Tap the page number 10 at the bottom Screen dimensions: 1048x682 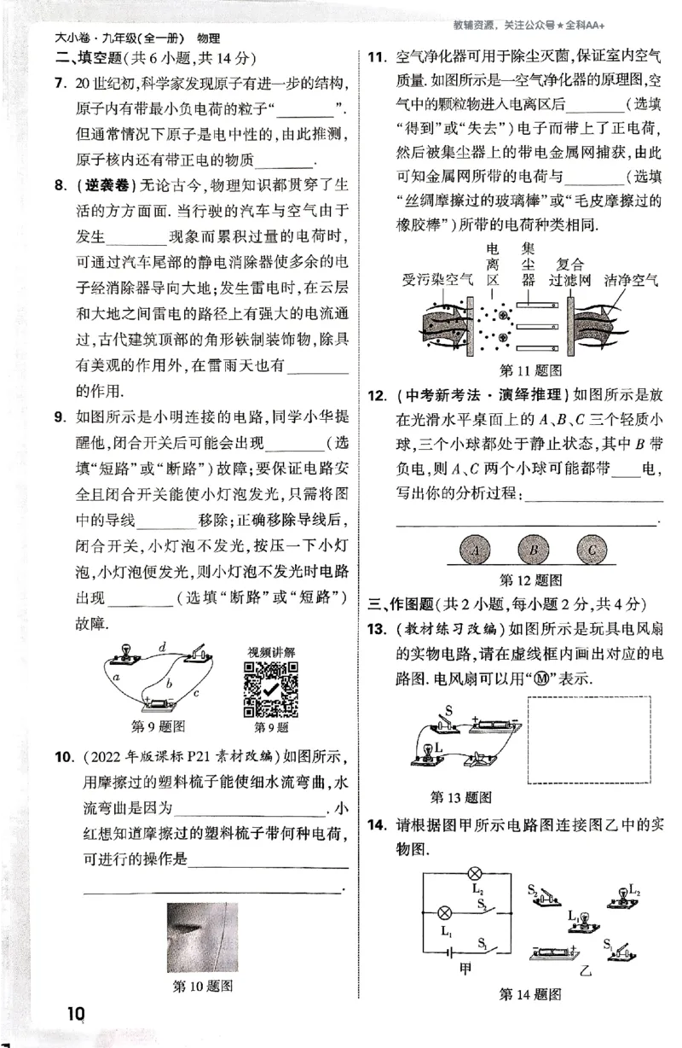[75, 1013]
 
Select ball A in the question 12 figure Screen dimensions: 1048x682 [477, 550]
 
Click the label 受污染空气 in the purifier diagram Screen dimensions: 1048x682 [431, 280]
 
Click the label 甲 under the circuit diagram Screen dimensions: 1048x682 [465, 966]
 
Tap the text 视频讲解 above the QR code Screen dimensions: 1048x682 [271, 652]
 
